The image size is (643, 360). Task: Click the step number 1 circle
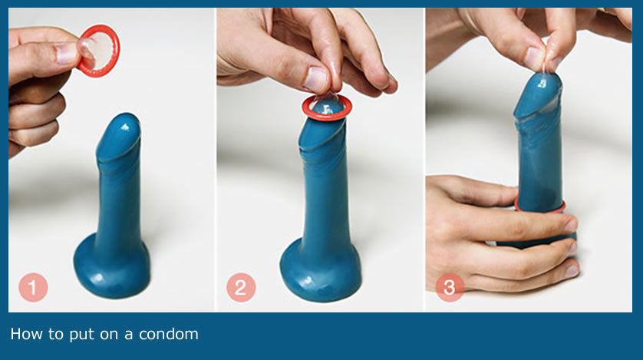33,287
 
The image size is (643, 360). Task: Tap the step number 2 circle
241,287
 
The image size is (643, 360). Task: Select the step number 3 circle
450,287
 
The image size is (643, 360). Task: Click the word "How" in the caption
26,334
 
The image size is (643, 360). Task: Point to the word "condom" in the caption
169,334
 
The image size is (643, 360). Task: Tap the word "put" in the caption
82,335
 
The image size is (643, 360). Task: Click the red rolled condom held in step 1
99,51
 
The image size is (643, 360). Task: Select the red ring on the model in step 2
327,107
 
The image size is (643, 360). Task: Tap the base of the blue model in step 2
320,272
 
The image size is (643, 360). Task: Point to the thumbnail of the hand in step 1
66,54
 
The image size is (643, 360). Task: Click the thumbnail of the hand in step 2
316,79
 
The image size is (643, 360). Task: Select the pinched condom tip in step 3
545,68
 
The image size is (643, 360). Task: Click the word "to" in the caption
55,335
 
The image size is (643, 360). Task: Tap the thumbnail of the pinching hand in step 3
535,58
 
